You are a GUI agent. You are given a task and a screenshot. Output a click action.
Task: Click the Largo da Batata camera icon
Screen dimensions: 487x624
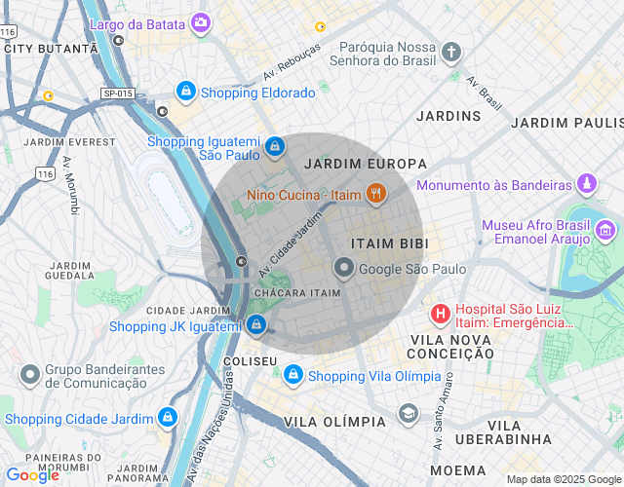(x=201, y=22)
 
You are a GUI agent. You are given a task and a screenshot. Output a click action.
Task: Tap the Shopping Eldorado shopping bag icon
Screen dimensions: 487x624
(x=185, y=92)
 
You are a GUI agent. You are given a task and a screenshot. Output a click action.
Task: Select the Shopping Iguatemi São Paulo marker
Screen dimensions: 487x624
(x=275, y=146)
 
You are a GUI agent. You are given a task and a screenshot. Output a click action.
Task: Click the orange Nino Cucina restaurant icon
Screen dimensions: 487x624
(x=374, y=193)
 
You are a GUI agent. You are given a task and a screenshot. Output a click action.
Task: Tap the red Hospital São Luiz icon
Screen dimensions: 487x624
(x=440, y=314)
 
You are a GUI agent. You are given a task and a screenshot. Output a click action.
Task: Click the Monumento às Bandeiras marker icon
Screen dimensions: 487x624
(x=586, y=183)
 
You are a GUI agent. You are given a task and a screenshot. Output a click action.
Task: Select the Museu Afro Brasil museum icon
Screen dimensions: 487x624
(x=605, y=231)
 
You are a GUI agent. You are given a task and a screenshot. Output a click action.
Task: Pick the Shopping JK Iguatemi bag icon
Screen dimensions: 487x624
(x=255, y=325)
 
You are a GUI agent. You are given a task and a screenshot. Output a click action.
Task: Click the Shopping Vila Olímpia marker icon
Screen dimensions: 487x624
(x=292, y=375)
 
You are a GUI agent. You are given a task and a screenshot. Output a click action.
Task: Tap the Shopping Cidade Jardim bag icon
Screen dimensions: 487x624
(x=169, y=417)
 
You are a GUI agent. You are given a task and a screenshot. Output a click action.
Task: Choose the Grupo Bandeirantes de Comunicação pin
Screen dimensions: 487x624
(x=30, y=374)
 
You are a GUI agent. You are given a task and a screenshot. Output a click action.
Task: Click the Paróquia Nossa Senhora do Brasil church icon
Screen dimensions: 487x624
(x=450, y=51)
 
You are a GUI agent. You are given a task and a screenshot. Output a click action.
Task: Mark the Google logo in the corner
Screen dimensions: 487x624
(x=32, y=475)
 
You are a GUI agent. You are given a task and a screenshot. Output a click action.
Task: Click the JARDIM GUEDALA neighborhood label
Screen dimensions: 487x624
(x=68, y=270)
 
